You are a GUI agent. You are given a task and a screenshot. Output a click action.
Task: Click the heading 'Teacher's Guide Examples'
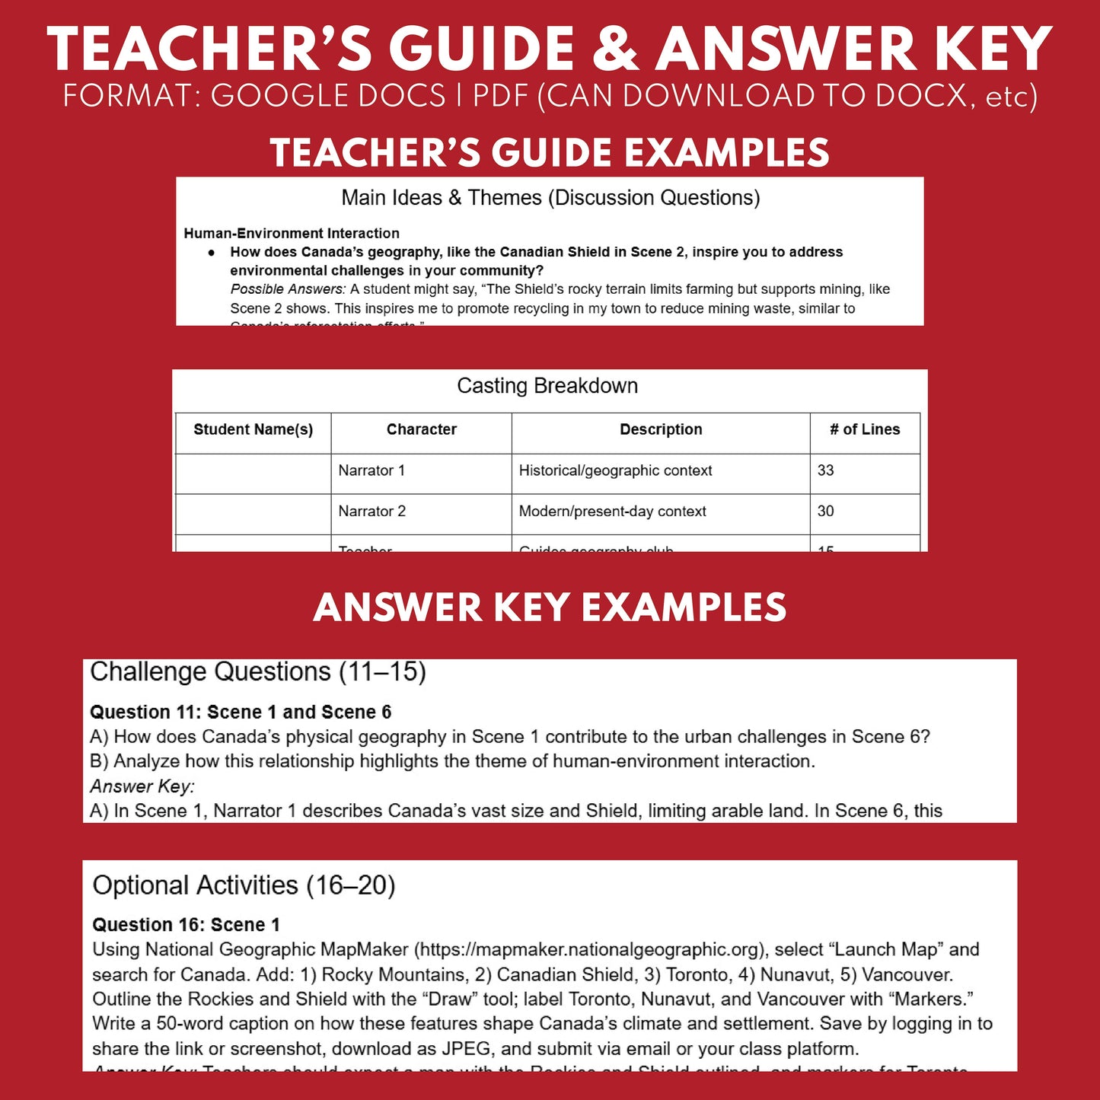point(550,152)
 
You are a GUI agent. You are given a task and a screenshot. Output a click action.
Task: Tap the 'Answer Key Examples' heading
point(550,607)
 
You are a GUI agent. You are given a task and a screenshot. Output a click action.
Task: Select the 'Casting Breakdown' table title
point(547,386)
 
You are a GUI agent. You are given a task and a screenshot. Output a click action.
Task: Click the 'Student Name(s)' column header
point(253,429)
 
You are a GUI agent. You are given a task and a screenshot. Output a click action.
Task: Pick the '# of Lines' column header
point(865,429)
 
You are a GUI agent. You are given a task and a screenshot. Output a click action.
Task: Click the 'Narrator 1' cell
point(371,470)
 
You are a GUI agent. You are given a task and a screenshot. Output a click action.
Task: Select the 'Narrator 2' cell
point(371,512)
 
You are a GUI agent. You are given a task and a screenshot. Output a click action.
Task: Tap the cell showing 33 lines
point(826,470)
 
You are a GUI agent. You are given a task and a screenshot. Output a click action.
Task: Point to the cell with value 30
point(826,512)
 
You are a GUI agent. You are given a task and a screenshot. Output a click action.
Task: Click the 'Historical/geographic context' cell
point(615,470)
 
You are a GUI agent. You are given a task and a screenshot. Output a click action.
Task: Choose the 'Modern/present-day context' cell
point(612,512)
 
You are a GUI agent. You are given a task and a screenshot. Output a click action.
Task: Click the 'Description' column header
point(661,429)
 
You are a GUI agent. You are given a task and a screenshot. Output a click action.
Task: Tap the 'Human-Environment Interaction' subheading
point(292,234)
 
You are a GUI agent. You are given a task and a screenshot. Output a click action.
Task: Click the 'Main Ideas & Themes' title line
point(550,198)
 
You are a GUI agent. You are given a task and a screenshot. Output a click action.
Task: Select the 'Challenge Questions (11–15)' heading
point(258,671)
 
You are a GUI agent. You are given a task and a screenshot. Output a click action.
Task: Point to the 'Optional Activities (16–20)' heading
point(244,885)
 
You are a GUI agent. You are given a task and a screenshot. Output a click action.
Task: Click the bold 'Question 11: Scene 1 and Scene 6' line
point(241,713)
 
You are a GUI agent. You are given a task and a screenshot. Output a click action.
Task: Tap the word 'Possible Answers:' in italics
point(288,289)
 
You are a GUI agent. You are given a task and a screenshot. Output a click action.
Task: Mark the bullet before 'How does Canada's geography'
point(212,253)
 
